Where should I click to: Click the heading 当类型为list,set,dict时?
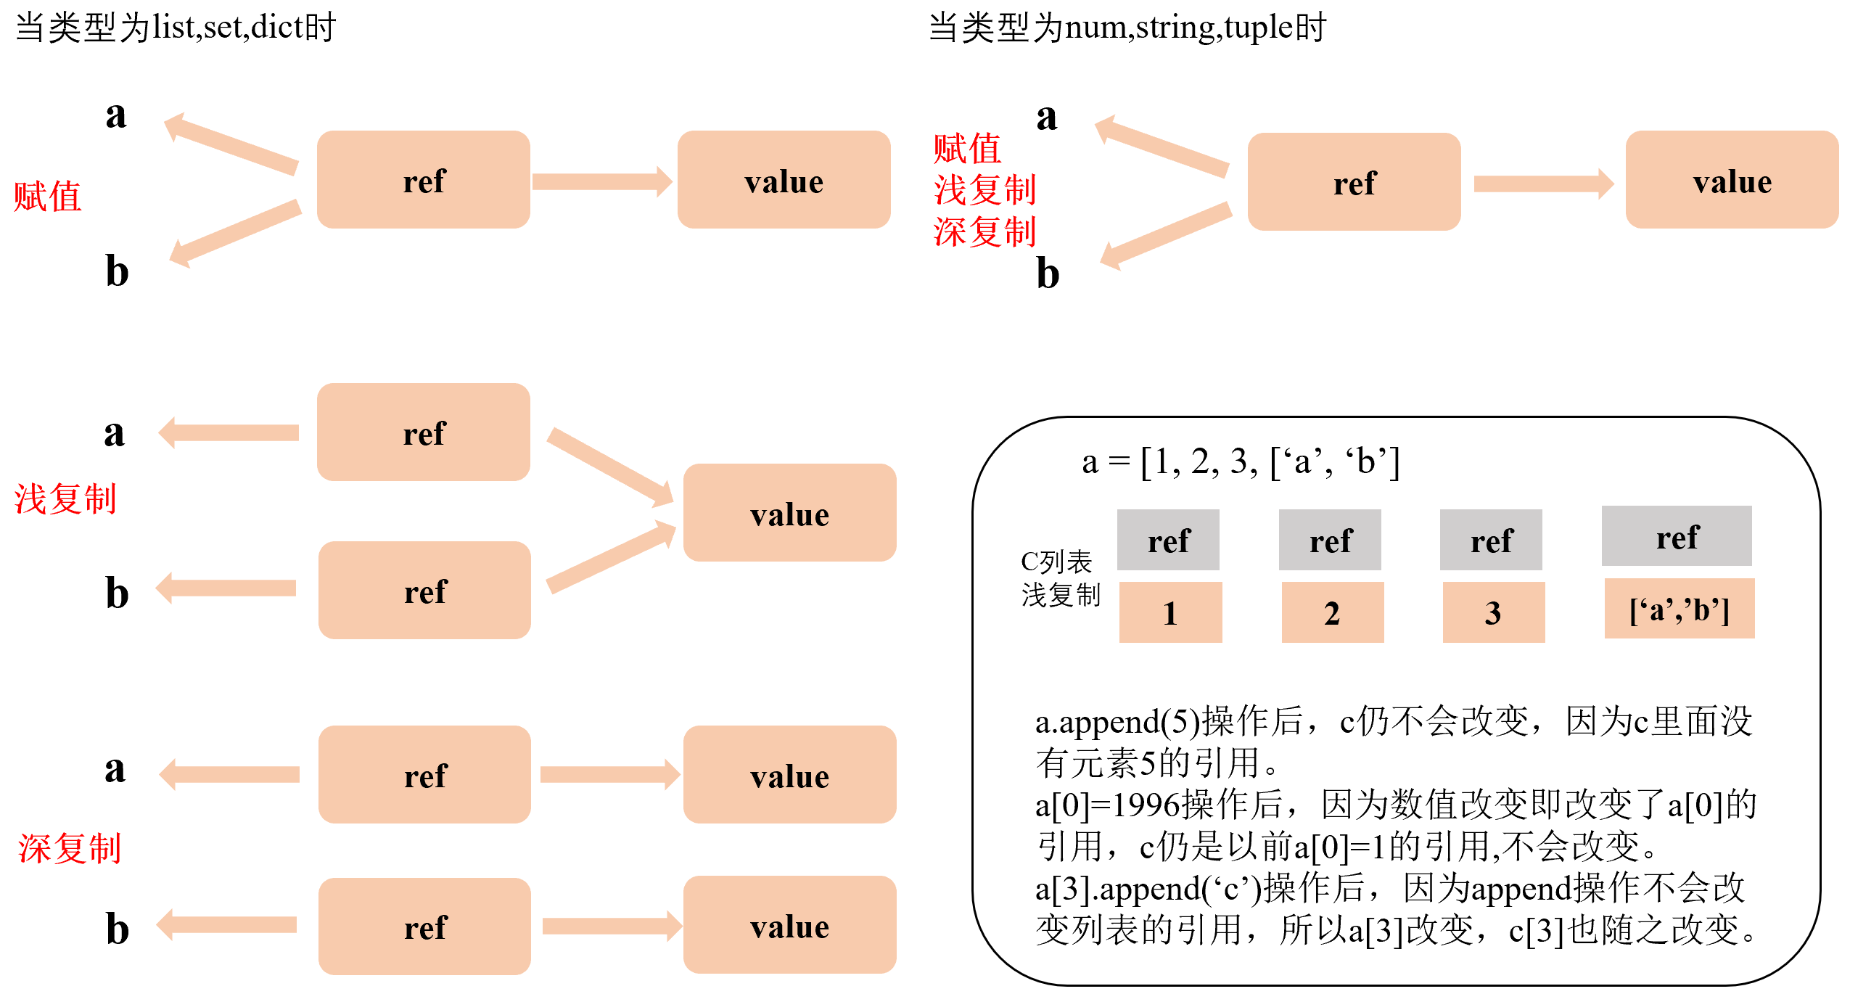coord(176,28)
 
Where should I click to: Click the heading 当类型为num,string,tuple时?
coord(1127,28)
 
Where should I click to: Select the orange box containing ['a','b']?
coord(1679,609)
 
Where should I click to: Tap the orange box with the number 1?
coord(1170,612)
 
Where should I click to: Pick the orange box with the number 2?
coord(1332,612)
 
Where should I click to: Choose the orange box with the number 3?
coord(1493,612)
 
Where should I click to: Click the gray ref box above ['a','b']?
coord(1677,537)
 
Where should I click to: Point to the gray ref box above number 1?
coord(1168,540)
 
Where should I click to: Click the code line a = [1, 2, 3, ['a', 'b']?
coord(1240,461)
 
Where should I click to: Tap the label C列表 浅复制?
coord(1060,578)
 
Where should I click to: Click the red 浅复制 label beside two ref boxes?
coord(65,499)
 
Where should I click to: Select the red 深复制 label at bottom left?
coord(70,848)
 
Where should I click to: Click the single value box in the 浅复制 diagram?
coord(789,513)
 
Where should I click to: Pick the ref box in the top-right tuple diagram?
coord(1354,182)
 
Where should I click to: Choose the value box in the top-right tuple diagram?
coord(1732,180)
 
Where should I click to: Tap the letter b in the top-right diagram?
coord(1048,274)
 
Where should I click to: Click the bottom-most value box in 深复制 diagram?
coord(789,925)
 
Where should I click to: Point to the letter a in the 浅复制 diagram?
coord(115,433)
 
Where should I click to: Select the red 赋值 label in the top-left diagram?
coord(48,197)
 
